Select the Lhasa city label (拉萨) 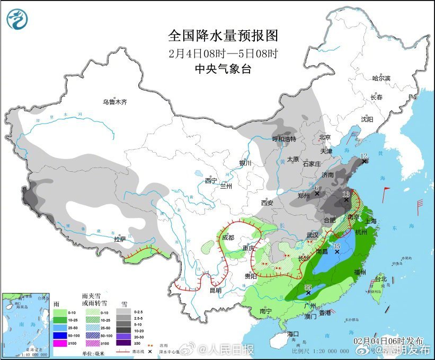(x=120, y=239)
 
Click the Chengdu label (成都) (x=228, y=238)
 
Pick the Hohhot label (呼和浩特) (x=284, y=139)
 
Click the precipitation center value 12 (x=363, y=156)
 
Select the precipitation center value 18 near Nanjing (x=347, y=194)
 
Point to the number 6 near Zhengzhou (x=316, y=188)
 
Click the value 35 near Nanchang (x=336, y=246)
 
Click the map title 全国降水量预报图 (x=223, y=36)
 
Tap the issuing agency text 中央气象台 (x=223, y=68)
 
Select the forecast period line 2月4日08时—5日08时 (x=223, y=53)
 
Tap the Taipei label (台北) (x=381, y=279)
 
